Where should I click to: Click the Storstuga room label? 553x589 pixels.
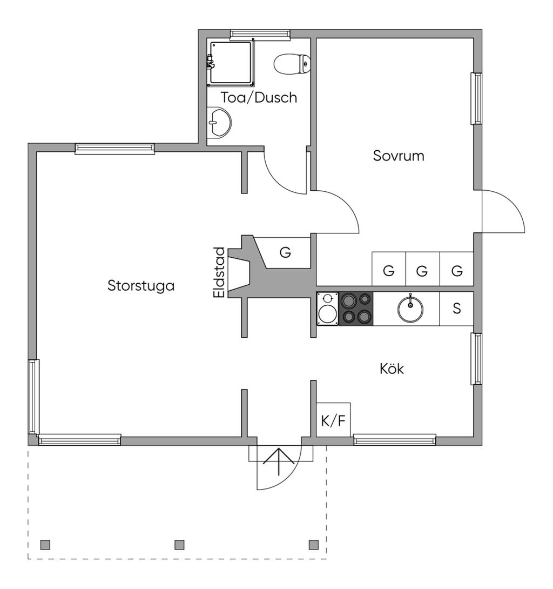(x=141, y=285)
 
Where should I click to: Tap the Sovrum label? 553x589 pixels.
(x=399, y=156)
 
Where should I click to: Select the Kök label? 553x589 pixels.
(x=392, y=369)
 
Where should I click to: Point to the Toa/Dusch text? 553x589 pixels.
(x=259, y=98)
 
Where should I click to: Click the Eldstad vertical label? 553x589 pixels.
(x=219, y=272)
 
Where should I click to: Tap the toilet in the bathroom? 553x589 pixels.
(x=292, y=64)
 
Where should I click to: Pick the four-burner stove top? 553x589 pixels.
(x=356, y=309)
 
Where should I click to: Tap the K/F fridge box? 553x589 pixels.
(x=333, y=420)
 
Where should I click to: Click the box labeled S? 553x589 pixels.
(x=457, y=309)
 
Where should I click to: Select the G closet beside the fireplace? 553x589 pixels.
(x=286, y=252)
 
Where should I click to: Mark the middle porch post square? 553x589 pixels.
(x=180, y=544)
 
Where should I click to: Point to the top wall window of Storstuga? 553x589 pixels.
(x=114, y=149)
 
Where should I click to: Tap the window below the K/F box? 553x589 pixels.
(x=395, y=440)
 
